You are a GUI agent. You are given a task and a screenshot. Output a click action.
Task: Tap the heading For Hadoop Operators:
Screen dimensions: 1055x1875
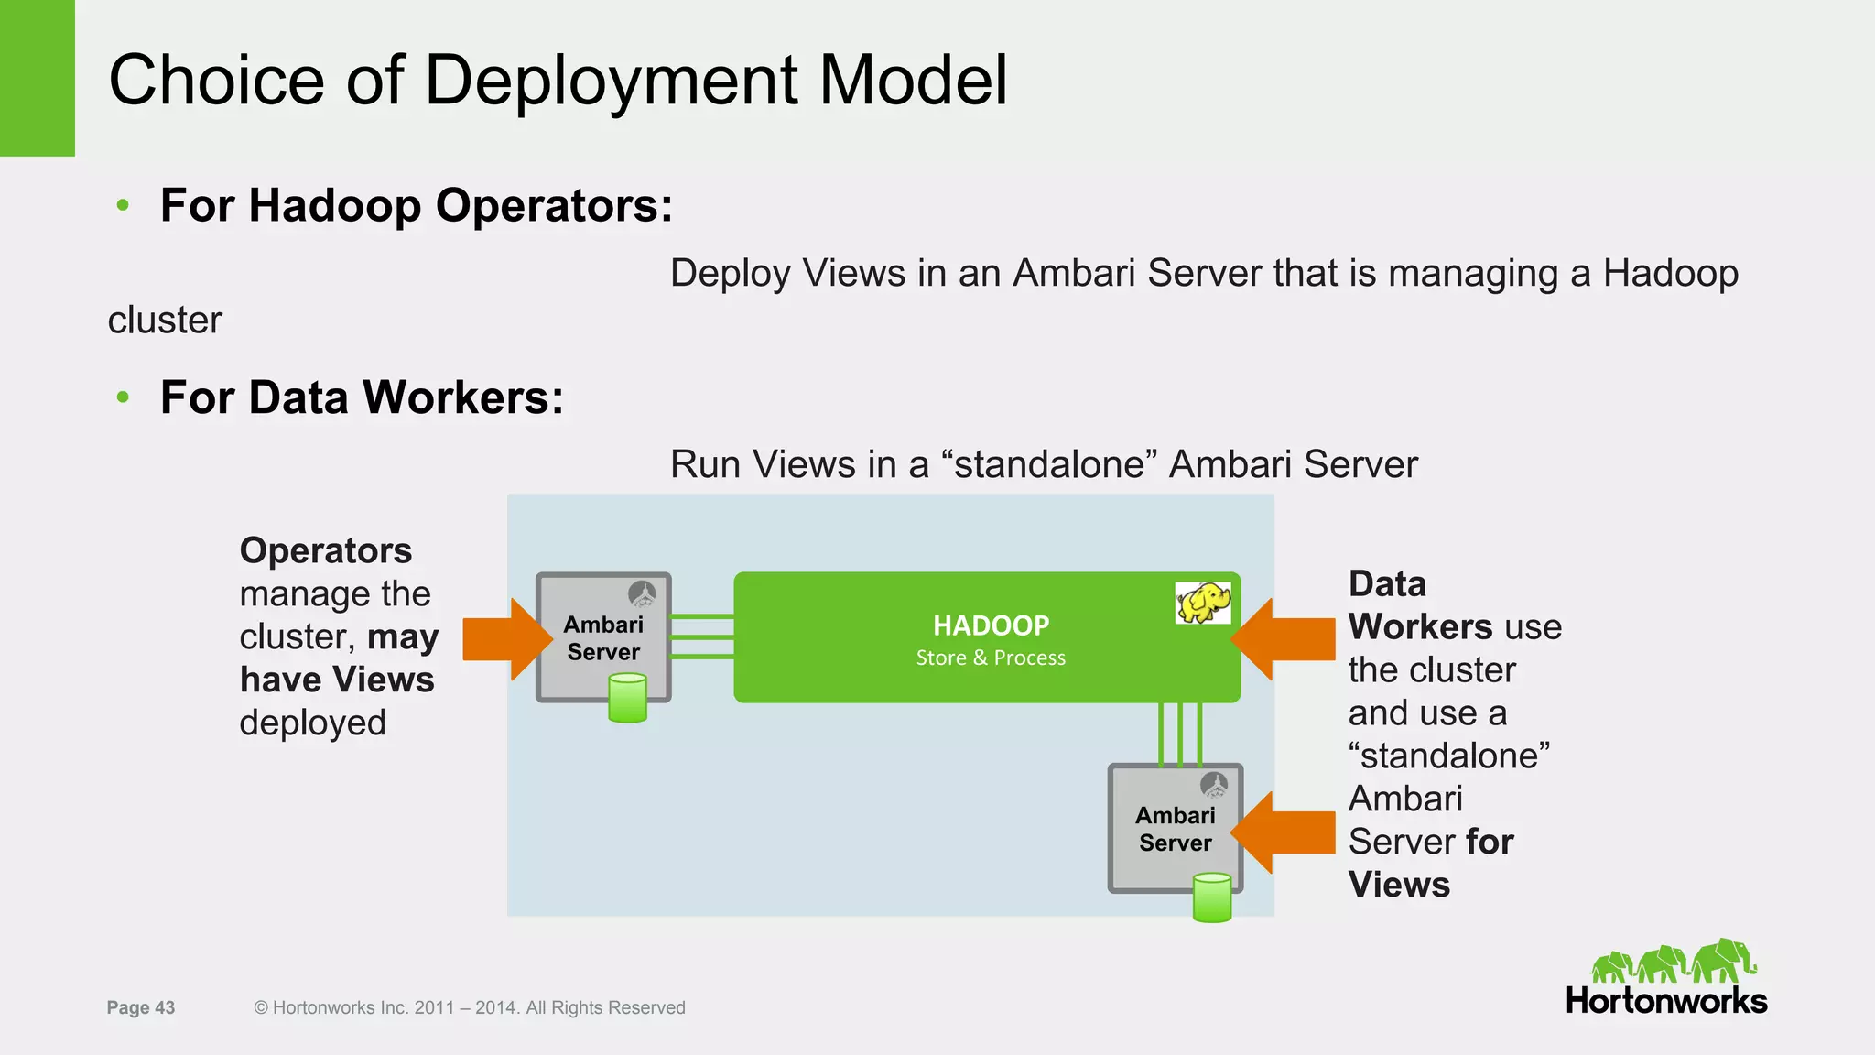pos(417,205)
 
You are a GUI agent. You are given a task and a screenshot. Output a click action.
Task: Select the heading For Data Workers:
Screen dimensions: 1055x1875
pos(362,397)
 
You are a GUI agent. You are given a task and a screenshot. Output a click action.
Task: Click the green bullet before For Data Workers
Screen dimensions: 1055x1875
pos(123,397)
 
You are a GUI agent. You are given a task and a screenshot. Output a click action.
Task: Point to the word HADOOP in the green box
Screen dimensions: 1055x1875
pos(991,625)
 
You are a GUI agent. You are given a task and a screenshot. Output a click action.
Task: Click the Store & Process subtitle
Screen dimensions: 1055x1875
pos(991,658)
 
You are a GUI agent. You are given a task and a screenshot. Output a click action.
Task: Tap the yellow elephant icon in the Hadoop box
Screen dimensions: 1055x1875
pos(1203,603)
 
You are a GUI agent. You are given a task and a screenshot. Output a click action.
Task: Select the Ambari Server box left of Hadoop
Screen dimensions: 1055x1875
pos(602,637)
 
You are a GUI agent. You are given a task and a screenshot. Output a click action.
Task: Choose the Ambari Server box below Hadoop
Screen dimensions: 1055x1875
pos(1175,828)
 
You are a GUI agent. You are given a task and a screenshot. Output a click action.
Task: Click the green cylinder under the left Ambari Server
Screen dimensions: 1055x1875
pos(627,698)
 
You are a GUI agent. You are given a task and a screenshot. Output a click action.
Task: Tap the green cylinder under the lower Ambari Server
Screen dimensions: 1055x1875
pos(1212,897)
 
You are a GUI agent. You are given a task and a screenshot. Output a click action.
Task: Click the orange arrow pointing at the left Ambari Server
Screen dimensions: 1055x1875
pos(504,639)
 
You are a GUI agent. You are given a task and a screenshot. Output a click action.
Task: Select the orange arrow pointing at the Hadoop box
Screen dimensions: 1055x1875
pos(1284,639)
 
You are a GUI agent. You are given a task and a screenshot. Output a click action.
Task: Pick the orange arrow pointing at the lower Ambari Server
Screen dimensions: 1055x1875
pos(1284,832)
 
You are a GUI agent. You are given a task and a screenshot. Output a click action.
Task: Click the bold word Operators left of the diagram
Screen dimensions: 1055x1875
pos(325,550)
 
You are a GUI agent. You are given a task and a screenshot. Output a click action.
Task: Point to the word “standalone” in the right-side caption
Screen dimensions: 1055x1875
pos(1448,756)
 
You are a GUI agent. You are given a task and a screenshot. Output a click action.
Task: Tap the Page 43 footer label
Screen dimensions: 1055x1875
pos(140,1007)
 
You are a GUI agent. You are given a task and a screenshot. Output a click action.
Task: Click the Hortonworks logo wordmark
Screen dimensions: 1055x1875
pos(1665,1000)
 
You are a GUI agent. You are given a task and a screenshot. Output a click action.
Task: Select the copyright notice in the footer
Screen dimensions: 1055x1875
pos(469,1007)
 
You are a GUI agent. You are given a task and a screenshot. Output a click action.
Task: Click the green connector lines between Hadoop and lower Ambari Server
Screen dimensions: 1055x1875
pos(1180,733)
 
